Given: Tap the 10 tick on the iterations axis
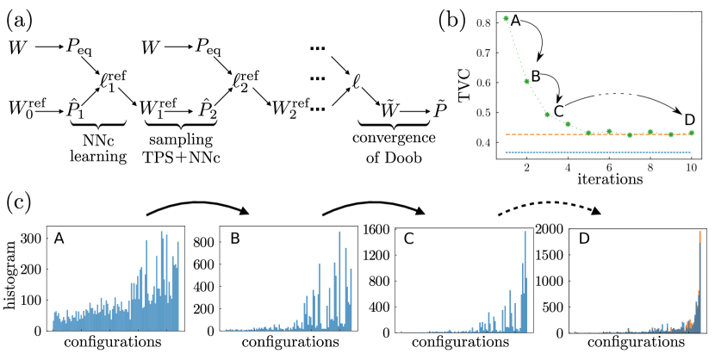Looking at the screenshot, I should pyautogui.click(x=691, y=168).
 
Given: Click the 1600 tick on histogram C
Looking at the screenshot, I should pyautogui.click(x=376, y=230).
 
